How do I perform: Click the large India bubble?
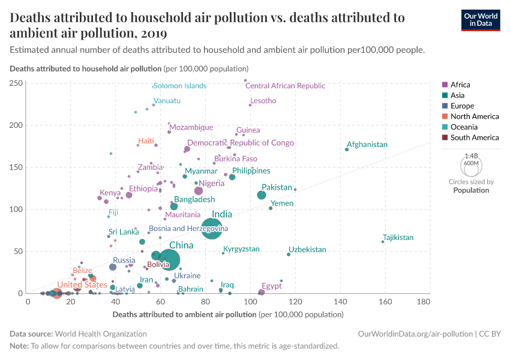pos(214,228)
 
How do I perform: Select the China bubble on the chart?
pos(170,259)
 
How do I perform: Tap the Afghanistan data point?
pos(347,149)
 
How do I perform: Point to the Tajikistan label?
pos(398,238)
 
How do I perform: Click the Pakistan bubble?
pos(262,195)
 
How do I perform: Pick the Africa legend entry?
pos(460,85)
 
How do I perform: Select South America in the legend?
pos(470,137)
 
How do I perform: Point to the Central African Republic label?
pos(285,86)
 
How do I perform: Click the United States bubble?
pos(57,293)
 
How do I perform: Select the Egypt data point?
pos(262,292)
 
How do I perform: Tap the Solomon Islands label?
pos(180,86)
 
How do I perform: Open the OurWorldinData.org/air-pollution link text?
pos(414,333)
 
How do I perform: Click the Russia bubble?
pos(113,267)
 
